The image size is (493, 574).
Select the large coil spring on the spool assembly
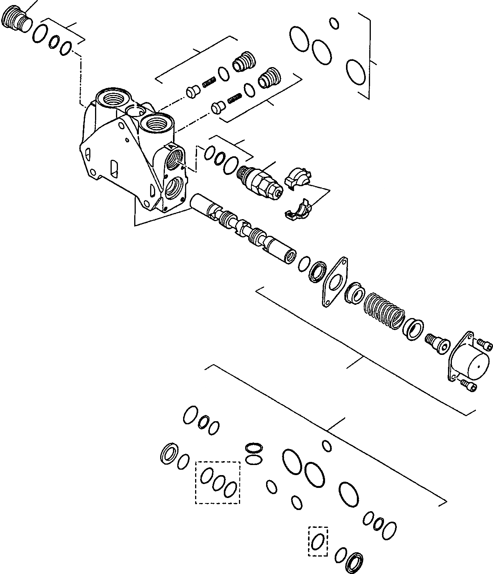(384, 311)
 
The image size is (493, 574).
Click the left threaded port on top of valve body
(114, 100)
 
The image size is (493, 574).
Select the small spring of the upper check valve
(209, 82)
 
